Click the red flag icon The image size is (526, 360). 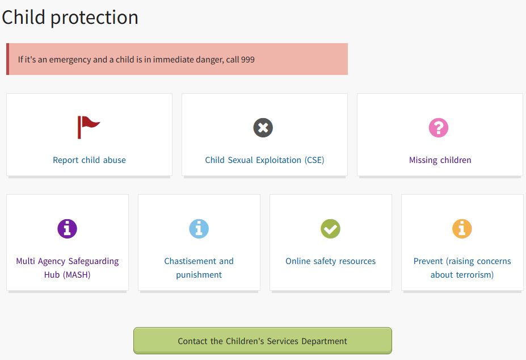88,127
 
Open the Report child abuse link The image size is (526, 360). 89,160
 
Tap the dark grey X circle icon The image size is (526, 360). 263,128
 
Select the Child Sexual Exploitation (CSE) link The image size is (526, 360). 264,160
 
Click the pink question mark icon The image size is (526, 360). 439,128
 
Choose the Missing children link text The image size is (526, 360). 440,160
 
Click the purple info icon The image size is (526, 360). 67,229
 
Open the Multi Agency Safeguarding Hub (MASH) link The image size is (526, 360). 68,268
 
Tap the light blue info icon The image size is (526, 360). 199,229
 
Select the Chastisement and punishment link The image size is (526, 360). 199,268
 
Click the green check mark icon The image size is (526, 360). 330,229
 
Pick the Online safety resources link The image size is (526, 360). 330,261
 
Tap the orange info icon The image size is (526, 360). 462,229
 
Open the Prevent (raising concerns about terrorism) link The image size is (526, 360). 462,268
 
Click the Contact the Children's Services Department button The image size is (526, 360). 263,341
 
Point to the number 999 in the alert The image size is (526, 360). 247,60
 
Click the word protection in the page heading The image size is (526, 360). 94,18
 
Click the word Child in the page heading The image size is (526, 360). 23,17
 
